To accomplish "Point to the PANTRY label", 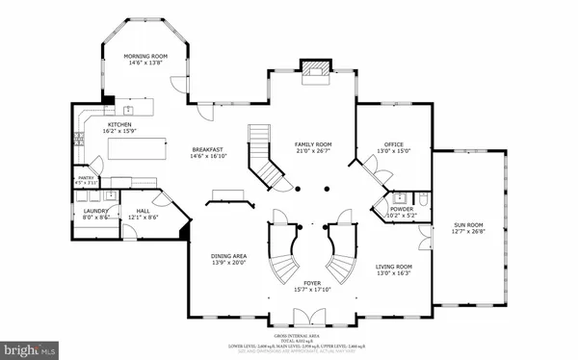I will tap(86, 177).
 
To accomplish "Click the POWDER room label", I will tap(402, 209).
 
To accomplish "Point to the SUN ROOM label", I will tap(468, 225).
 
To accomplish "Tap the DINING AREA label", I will tap(229, 255).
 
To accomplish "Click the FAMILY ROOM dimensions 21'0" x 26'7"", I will tap(313, 151).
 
